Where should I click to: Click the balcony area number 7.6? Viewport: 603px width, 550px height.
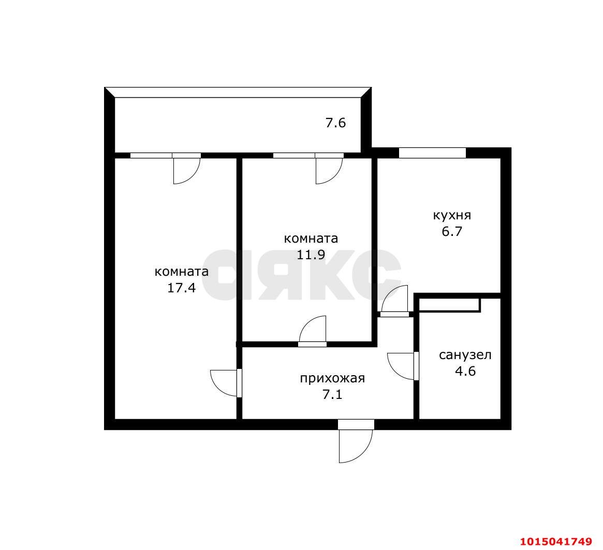pyautogui.click(x=335, y=123)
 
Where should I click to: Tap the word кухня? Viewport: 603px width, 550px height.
pyautogui.click(x=452, y=215)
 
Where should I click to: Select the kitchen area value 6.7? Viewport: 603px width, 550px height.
pyautogui.click(x=451, y=231)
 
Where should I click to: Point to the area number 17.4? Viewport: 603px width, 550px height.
pyautogui.click(x=181, y=288)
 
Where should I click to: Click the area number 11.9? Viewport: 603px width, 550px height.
pyautogui.click(x=311, y=255)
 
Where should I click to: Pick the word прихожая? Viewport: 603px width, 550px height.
pyautogui.click(x=332, y=378)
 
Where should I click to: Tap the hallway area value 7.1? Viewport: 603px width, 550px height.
pyautogui.click(x=332, y=395)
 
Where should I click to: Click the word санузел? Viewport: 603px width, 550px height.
pyautogui.click(x=465, y=355)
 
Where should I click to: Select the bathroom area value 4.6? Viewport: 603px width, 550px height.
pyautogui.click(x=464, y=371)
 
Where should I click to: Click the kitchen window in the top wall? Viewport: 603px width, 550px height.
pyautogui.click(x=432, y=153)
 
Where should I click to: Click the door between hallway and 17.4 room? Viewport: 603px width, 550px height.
pyautogui.click(x=226, y=383)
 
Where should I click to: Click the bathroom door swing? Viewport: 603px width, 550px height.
pyautogui.click(x=402, y=366)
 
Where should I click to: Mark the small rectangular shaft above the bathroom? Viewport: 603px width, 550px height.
pyautogui.click(x=449, y=304)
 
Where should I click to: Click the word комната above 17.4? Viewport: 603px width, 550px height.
pyautogui.click(x=182, y=272)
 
